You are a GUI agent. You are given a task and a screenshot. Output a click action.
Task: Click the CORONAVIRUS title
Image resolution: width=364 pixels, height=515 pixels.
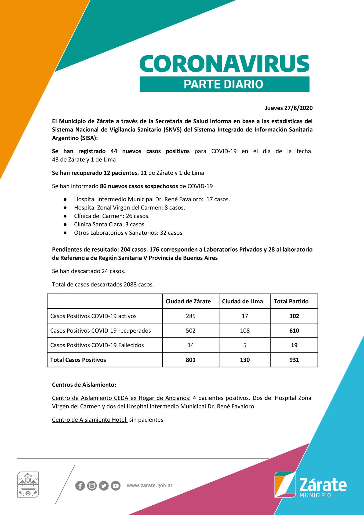(224, 64)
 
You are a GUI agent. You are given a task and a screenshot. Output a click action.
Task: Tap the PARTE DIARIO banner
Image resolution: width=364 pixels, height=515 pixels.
(224, 84)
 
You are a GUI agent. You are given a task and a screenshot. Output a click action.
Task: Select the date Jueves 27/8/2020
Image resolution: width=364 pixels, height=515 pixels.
(289, 108)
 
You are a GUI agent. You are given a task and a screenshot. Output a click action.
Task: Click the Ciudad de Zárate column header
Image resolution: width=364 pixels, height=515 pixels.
(188, 301)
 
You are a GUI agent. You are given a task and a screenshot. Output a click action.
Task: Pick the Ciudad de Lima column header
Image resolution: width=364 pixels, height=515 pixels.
(242, 301)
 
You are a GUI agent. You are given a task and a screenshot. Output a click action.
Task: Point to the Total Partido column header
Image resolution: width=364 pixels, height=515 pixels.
(291, 301)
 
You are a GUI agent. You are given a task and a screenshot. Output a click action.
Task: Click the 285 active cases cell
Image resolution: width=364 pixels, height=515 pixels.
(191, 316)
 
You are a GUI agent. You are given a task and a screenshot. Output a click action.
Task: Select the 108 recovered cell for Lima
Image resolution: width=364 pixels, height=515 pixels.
(245, 331)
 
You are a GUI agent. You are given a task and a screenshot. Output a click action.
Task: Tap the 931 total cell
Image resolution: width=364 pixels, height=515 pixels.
(294, 360)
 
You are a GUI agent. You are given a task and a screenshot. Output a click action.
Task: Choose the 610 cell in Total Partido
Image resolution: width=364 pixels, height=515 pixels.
(294, 331)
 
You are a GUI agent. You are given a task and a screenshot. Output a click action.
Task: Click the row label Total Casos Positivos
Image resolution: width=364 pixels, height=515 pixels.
(78, 360)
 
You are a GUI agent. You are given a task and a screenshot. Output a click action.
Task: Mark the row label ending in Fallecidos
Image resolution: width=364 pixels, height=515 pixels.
(97, 345)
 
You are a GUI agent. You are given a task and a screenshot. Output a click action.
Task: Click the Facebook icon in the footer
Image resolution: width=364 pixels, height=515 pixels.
(80, 486)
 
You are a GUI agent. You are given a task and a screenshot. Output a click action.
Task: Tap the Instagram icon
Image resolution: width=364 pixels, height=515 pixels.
(92, 486)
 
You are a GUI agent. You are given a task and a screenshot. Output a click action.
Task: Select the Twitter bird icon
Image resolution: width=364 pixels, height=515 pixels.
(104, 486)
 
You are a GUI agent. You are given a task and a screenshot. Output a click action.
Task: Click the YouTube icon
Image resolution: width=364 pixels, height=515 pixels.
(116, 486)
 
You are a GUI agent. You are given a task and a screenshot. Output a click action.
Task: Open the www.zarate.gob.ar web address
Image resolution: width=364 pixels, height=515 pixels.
(150, 485)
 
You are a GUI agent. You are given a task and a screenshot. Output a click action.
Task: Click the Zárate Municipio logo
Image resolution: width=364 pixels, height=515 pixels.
(310, 485)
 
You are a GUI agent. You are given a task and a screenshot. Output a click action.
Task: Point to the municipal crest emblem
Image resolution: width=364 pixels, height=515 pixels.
(28, 484)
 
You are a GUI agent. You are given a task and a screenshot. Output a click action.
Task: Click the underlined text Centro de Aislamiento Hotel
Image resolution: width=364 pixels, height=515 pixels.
(90, 420)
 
